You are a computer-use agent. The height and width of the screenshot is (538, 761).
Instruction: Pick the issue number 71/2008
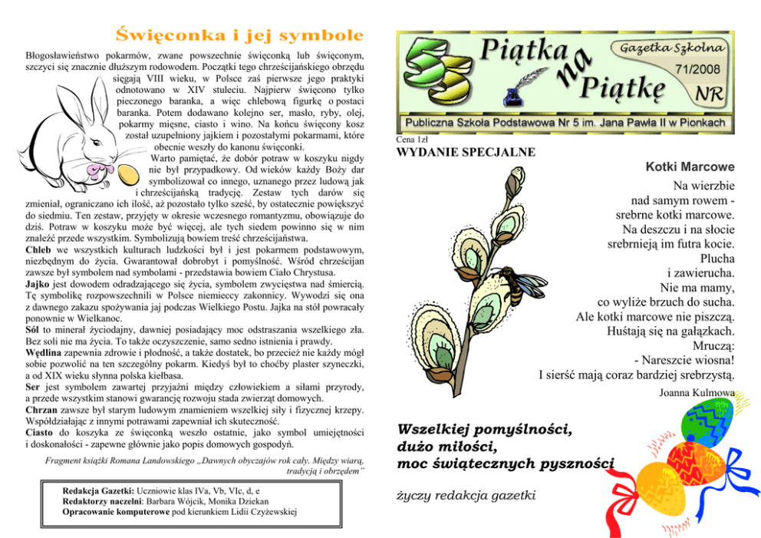click(697, 69)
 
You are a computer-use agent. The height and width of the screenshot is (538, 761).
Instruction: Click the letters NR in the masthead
click(708, 93)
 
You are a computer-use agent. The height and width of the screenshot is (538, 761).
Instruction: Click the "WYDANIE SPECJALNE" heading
click(466, 152)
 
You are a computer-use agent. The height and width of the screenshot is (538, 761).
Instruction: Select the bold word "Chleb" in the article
click(38, 250)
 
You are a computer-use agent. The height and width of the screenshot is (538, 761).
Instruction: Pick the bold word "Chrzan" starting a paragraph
click(43, 410)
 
